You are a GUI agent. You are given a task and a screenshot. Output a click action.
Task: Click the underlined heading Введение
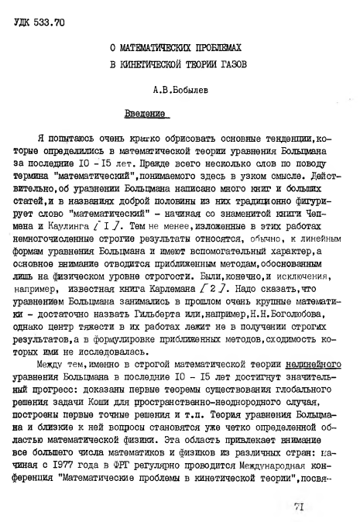point(146,114)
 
